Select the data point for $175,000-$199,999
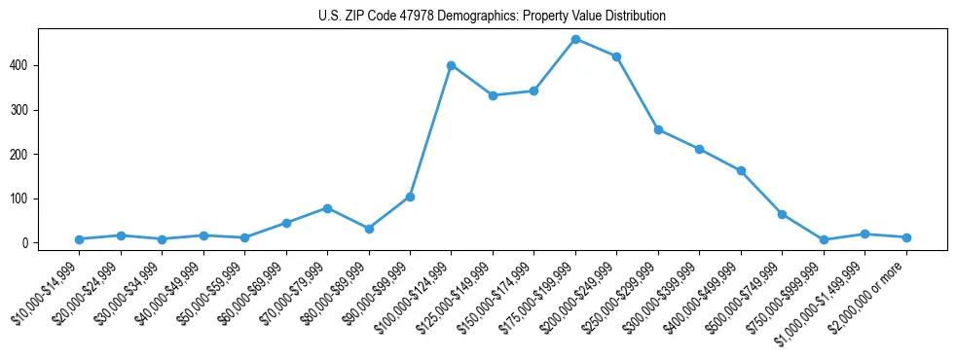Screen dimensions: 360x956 pos(575,39)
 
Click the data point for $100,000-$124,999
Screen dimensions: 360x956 pos(451,65)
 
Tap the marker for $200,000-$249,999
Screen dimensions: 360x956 pos(617,56)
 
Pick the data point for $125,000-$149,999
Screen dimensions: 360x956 pos(493,95)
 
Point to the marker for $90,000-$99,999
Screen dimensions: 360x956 pos(410,197)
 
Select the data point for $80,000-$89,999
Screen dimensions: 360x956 pos(369,229)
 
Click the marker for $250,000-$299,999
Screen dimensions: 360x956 pos(658,129)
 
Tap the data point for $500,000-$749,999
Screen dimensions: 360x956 pos(782,214)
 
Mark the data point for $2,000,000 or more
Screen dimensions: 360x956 pos(906,237)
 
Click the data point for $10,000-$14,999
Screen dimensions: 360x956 pos(79,239)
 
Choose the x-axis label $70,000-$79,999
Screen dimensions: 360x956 pos(298,293)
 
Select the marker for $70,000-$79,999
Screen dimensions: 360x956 pos(327,208)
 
